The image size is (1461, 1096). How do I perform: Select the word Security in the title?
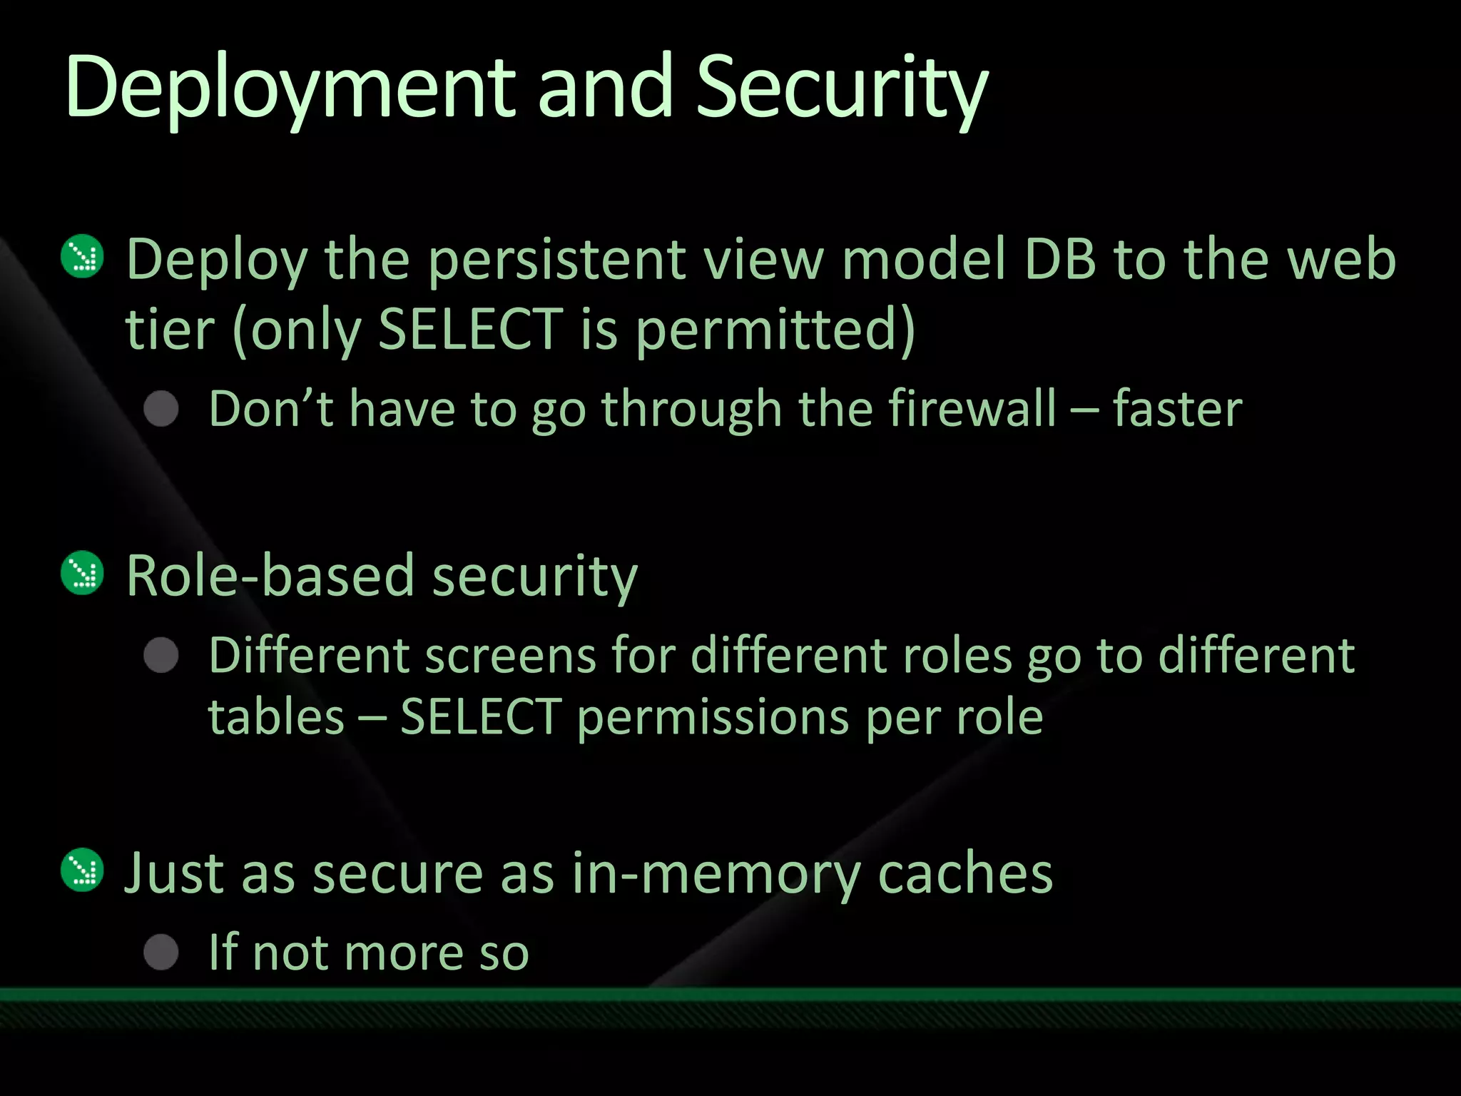tap(842, 89)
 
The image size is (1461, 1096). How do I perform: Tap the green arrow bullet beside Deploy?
tap(83, 256)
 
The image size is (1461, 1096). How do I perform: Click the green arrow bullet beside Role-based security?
tap(83, 573)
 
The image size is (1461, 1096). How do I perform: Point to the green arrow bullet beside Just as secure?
tap(83, 870)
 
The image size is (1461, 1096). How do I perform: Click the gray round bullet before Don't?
tap(161, 409)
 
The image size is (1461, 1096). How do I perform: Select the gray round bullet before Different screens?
tap(161, 655)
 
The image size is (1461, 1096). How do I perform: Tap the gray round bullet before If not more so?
tap(161, 952)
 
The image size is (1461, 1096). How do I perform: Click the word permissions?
tap(713, 717)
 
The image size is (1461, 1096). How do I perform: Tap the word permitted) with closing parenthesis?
tap(775, 330)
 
